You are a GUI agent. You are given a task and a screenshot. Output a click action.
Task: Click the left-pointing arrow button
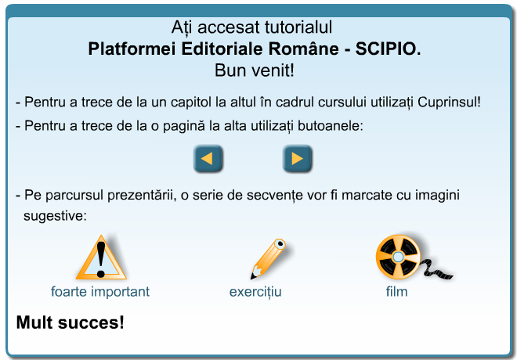tap(208, 158)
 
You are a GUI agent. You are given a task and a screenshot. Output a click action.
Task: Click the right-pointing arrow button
tap(297, 158)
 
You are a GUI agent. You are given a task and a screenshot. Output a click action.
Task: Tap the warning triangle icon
tap(101, 257)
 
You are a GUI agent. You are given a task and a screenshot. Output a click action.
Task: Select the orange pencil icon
tap(268, 259)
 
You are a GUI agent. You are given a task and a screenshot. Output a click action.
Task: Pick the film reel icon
tap(414, 257)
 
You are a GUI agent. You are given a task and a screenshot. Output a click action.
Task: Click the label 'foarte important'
tap(100, 292)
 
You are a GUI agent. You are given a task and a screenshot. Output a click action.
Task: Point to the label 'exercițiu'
tap(255, 292)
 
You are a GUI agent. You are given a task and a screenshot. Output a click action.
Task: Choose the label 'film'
tap(396, 292)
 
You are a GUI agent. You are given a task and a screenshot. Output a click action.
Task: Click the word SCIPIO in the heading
tap(388, 49)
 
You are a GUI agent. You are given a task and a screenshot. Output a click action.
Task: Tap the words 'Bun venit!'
tap(255, 70)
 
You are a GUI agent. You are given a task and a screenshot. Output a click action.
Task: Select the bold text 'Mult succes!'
tap(70, 322)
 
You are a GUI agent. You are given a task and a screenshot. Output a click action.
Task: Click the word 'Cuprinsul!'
tap(449, 103)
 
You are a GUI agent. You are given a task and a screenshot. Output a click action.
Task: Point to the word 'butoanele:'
tap(331, 126)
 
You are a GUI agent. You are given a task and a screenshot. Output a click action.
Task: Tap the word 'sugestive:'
tap(55, 216)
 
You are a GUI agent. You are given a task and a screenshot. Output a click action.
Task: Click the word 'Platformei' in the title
tap(132, 49)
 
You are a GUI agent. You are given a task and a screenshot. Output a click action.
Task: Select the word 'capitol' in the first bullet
tap(190, 103)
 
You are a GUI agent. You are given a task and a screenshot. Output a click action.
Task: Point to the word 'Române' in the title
tap(303, 49)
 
